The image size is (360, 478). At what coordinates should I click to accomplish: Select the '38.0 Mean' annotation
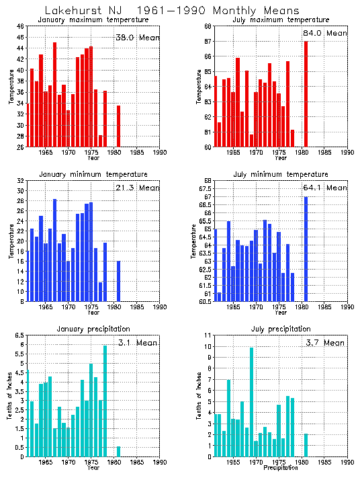(x=137, y=38)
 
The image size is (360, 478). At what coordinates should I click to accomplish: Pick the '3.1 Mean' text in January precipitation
(x=137, y=343)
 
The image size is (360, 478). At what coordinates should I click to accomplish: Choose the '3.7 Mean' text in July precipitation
(x=324, y=343)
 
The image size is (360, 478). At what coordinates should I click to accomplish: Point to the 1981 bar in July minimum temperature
(x=306, y=249)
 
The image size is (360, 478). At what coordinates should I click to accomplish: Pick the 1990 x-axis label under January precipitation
(x=160, y=463)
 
